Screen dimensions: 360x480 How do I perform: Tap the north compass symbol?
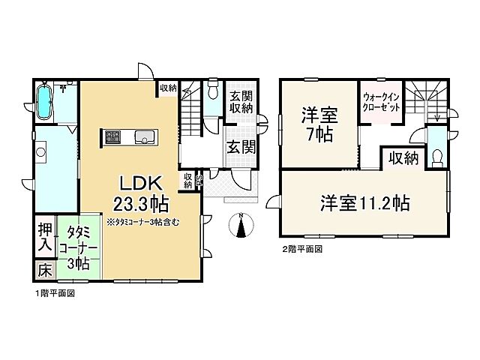[240, 224]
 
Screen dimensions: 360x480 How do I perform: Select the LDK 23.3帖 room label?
[140, 193]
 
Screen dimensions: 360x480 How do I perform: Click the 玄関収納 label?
[241, 103]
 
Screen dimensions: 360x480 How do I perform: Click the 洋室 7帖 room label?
[319, 125]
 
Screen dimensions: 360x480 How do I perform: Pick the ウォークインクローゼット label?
[380, 103]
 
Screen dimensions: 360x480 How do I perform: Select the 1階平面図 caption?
[54, 295]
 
